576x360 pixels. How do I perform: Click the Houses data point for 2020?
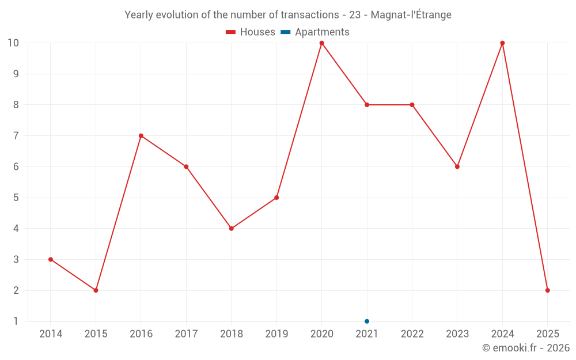pyautogui.click(x=321, y=43)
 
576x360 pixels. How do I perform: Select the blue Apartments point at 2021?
pyautogui.click(x=367, y=321)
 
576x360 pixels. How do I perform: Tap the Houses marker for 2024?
pyautogui.click(x=502, y=43)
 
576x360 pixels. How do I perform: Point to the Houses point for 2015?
pyautogui.click(x=96, y=290)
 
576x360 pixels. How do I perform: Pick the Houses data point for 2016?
pyautogui.click(x=141, y=136)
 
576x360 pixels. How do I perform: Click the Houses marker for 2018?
pyautogui.click(x=232, y=229)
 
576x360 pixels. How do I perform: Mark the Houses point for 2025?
pyautogui.click(x=548, y=290)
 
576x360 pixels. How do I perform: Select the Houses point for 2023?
pyautogui.click(x=457, y=167)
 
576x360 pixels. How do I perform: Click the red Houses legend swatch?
pyautogui.click(x=231, y=32)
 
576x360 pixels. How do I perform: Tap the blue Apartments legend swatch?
pyautogui.click(x=286, y=32)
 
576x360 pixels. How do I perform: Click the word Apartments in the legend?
pyautogui.click(x=322, y=32)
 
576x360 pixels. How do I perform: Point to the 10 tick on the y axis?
pyautogui.click(x=13, y=43)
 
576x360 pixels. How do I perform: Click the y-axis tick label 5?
pyautogui.click(x=16, y=198)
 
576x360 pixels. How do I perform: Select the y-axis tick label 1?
pyautogui.click(x=16, y=321)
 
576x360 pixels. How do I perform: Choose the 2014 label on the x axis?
pyautogui.click(x=51, y=334)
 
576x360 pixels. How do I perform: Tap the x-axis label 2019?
pyautogui.click(x=276, y=334)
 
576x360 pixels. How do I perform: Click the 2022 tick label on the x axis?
pyautogui.click(x=412, y=334)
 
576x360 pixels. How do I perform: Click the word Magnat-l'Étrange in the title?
pyautogui.click(x=411, y=15)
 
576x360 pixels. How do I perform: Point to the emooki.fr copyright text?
pyautogui.click(x=526, y=348)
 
